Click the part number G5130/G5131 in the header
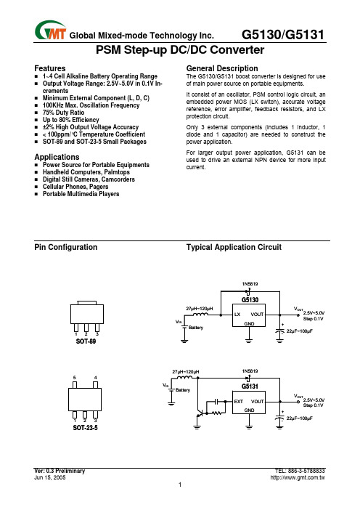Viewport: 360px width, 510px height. coord(283,34)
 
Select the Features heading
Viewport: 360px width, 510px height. coord(50,68)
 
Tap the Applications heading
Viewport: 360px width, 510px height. coord(57,157)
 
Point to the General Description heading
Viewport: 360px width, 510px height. coord(222,68)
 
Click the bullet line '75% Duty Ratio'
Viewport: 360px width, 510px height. coord(63,113)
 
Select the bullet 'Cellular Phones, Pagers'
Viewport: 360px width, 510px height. coord(75,187)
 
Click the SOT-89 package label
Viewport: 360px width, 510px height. coord(86,341)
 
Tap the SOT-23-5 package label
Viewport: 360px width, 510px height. coord(85,428)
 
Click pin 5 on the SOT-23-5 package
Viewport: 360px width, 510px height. coord(75,385)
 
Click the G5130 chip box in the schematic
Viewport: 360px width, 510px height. coord(248,315)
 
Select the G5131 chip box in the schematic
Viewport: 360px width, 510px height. coord(248,402)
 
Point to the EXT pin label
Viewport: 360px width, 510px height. coord(239,401)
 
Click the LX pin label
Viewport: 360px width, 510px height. coord(237,314)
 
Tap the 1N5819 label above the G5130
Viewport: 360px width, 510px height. coord(250,284)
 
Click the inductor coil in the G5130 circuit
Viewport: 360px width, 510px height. coord(201,315)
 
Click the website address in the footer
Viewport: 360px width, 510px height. coord(298,477)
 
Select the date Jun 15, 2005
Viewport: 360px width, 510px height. coord(49,477)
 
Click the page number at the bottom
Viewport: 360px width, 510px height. coord(180,485)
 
